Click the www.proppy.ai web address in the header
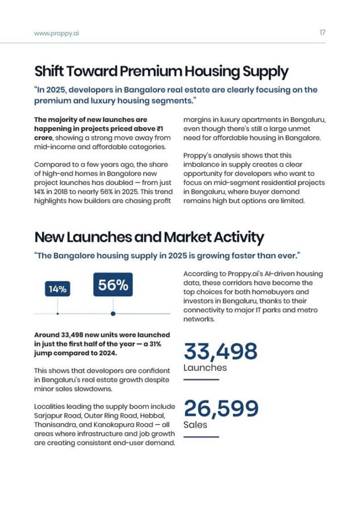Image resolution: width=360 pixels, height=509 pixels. (57, 33)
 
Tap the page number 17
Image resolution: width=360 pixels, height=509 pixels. (322, 33)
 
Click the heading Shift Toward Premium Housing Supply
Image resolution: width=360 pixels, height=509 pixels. (161, 72)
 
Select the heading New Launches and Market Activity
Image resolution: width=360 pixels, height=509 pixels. (149, 237)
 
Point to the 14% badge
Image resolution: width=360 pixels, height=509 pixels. (58, 289)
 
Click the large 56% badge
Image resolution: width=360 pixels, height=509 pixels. (113, 285)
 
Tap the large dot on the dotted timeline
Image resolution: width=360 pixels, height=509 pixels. (113, 314)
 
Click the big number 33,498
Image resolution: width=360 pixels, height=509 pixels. (221, 351)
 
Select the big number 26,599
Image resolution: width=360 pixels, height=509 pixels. (221, 409)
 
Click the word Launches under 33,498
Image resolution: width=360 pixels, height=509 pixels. (205, 368)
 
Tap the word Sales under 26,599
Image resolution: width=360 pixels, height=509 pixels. (195, 425)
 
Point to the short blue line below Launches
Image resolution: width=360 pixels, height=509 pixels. (201, 380)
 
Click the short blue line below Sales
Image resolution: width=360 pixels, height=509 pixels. (201, 437)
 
